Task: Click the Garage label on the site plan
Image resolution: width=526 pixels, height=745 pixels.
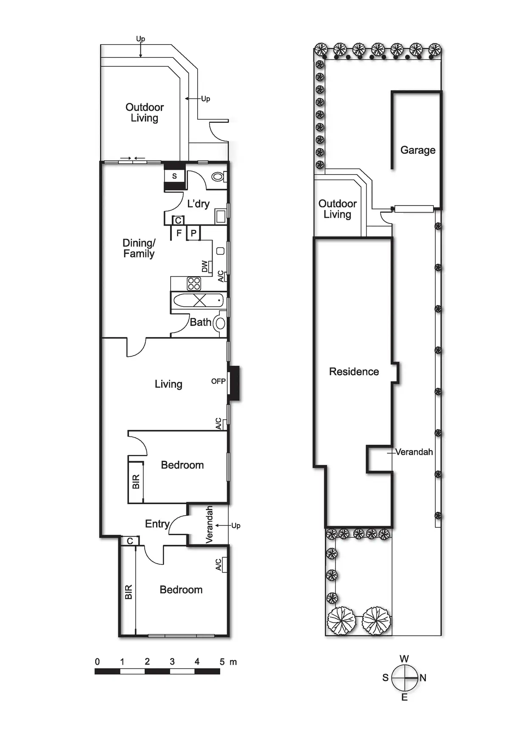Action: (418, 150)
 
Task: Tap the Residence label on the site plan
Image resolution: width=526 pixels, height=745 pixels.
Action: (354, 372)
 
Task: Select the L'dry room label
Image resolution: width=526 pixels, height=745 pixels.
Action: (198, 204)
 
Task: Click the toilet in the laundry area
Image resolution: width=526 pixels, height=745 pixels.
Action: (218, 176)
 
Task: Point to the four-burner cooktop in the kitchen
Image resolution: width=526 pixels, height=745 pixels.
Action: (194, 283)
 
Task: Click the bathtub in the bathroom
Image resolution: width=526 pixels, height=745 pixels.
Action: (199, 301)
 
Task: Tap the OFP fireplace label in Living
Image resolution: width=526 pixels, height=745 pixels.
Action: (218, 381)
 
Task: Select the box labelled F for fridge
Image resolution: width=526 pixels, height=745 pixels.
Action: (179, 233)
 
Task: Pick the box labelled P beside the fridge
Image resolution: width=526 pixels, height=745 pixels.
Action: (193, 233)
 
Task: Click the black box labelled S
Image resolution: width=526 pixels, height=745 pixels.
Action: (174, 176)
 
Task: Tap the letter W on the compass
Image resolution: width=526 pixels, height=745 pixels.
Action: (404, 659)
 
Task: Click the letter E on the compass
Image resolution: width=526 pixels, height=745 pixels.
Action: (404, 697)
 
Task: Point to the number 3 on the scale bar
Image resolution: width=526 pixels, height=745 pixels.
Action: (172, 661)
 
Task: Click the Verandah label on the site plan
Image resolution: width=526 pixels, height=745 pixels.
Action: (414, 452)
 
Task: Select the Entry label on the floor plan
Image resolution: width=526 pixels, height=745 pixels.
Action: (157, 524)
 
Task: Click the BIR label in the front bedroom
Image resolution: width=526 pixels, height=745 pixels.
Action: (129, 592)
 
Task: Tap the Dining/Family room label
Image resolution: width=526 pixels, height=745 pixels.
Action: (139, 248)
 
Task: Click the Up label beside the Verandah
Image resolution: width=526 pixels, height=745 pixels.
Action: (236, 525)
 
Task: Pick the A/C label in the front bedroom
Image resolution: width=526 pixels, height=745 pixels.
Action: (218, 564)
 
